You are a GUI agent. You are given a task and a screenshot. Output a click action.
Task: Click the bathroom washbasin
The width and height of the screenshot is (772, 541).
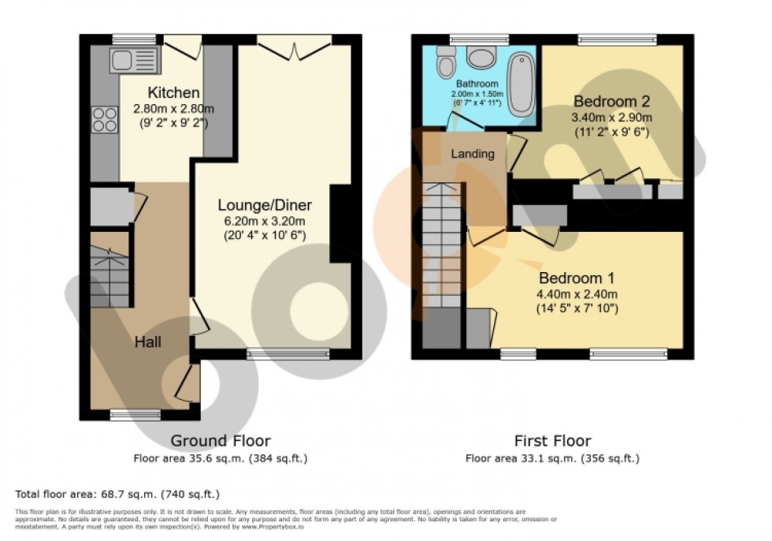[478, 57]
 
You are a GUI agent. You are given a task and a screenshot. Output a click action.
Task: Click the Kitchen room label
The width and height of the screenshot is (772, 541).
[173, 94]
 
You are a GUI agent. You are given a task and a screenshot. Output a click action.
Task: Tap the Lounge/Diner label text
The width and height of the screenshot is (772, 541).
[263, 204]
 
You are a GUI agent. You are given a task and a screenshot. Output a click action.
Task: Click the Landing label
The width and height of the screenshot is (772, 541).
[472, 154]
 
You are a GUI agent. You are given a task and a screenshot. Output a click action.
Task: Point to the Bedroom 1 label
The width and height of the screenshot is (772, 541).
[577, 278]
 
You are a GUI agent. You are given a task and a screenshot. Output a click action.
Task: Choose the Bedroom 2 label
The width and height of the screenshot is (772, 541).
[611, 102]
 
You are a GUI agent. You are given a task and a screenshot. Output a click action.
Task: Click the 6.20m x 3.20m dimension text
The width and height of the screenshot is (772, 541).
[263, 220]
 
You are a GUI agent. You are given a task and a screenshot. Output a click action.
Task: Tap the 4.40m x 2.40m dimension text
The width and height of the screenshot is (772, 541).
[577, 294]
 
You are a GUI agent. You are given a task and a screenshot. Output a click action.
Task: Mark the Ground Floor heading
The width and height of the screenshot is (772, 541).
[221, 441]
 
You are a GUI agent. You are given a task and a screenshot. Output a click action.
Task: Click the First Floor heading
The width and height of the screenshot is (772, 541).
[551, 441]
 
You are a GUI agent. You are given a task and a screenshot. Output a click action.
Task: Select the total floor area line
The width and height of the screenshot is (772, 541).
[117, 494]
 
